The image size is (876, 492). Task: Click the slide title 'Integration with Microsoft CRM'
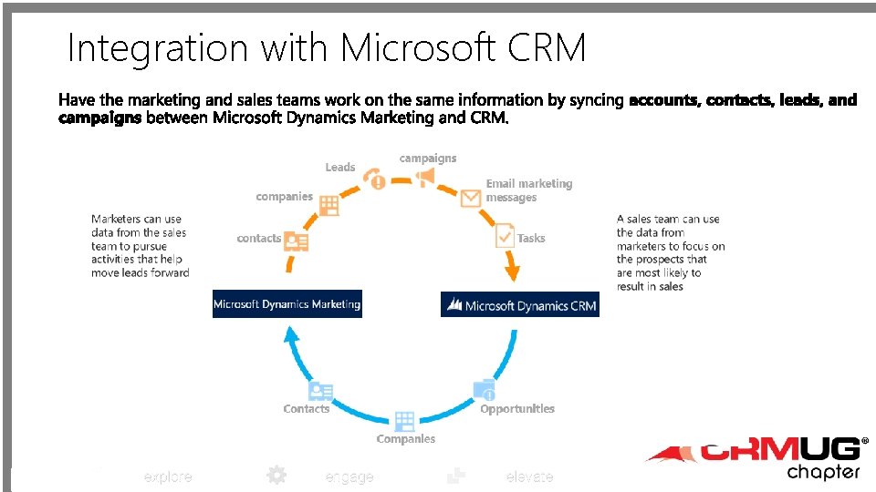[x=327, y=47]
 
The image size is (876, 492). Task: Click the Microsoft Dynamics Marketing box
[x=287, y=303]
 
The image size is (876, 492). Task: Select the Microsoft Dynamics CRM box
[x=520, y=305]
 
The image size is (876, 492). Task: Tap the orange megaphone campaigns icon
[x=425, y=177]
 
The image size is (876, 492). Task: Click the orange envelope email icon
[x=471, y=198]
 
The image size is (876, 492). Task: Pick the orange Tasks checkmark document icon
[x=505, y=236]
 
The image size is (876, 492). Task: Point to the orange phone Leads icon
[x=374, y=178]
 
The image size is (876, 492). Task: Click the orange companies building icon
[x=328, y=205]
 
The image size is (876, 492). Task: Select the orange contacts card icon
[x=297, y=241]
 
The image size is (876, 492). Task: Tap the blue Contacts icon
[x=320, y=392]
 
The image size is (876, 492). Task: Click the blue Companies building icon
[x=404, y=421]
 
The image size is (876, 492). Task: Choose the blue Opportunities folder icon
[x=485, y=390]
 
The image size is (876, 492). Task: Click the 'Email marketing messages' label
[x=528, y=190]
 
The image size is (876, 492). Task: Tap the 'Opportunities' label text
[x=517, y=409]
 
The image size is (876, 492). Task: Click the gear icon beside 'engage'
[x=276, y=475]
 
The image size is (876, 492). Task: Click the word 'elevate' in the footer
[x=529, y=477]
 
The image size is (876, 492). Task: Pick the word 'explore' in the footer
[x=168, y=477]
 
